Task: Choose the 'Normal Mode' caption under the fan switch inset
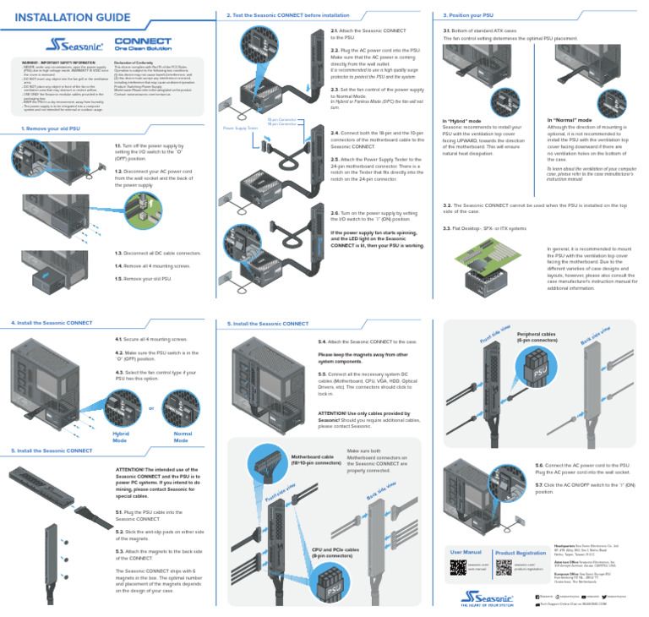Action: (x=182, y=436)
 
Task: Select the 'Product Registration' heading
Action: (x=521, y=553)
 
